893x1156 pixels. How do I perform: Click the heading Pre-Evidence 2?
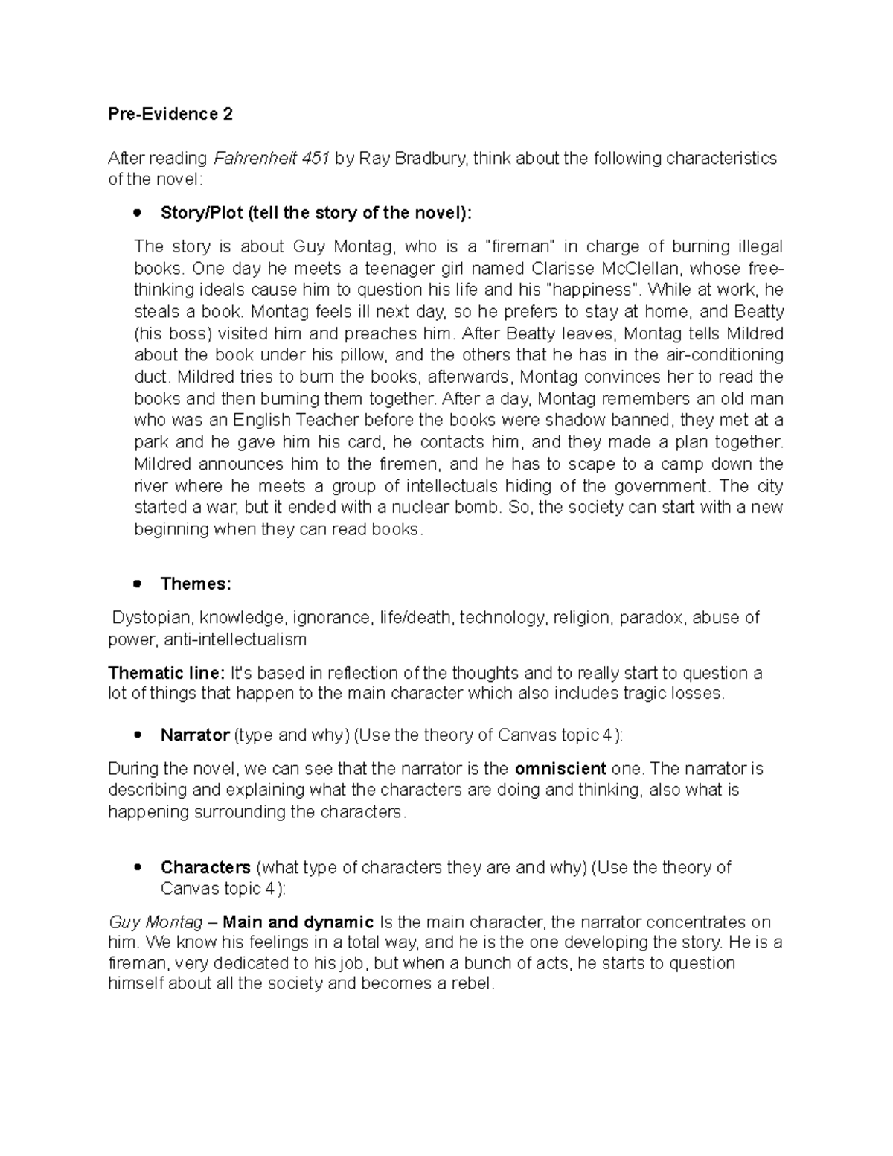[x=170, y=114]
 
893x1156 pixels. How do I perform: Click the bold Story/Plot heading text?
[x=316, y=213]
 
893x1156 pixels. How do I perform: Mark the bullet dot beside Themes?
[x=136, y=584]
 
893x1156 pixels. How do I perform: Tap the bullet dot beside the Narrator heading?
[x=136, y=735]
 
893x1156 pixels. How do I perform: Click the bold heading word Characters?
[x=205, y=867]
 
